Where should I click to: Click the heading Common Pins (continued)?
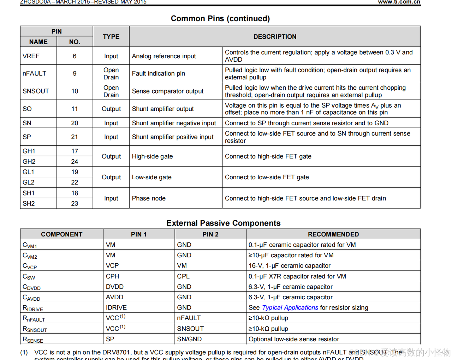tap(220, 19)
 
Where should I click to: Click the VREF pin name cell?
tap(31, 56)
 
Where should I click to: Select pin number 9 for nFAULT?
tap(75, 73)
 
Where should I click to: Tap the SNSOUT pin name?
tap(36, 91)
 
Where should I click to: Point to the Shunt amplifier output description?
tap(163, 109)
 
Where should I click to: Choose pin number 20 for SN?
tap(75, 123)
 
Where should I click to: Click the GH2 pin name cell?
tap(29, 162)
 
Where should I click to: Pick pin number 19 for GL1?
tap(75, 172)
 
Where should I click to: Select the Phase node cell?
tap(149, 198)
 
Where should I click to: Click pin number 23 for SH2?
tap(75, 204)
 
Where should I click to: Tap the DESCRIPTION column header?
tap(275, 37)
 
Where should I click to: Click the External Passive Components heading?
tap(223, 223)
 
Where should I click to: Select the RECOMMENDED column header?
tap(333, 234)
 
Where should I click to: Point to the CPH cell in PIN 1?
tap(112, 276)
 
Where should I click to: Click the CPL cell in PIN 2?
tap(183, 276)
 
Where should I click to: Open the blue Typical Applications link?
tap(290, 308)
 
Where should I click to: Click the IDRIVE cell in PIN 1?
tap(116, 308)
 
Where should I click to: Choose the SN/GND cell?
tap(189, 339)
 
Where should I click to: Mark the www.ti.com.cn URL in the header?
tap(399, 2)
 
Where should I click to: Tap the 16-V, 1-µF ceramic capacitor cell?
tap(290, 266)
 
